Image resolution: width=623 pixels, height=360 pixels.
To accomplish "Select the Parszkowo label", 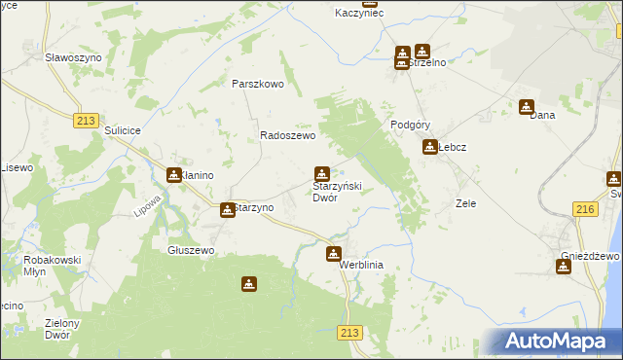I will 257,84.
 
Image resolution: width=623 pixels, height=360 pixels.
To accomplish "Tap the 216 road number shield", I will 585,209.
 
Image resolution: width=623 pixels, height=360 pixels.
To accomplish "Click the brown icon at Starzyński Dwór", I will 321,174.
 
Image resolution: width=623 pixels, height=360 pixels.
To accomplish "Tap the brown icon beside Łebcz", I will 429,148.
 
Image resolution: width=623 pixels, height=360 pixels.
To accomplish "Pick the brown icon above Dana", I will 527,107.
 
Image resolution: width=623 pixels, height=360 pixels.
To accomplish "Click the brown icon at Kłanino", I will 173,175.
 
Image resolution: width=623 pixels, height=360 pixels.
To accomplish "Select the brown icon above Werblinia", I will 333,254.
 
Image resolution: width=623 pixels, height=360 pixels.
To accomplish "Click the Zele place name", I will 465,204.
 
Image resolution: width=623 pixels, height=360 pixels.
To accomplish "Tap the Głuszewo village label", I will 191,250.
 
